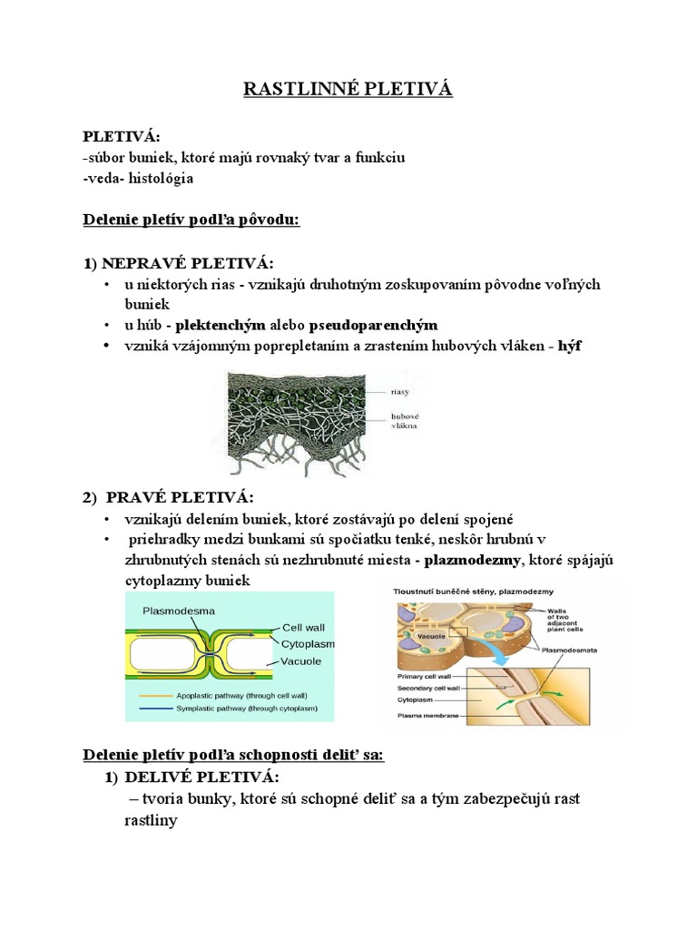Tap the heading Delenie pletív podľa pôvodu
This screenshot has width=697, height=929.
pos(191,220)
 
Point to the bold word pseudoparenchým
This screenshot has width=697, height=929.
pos(373,325)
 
